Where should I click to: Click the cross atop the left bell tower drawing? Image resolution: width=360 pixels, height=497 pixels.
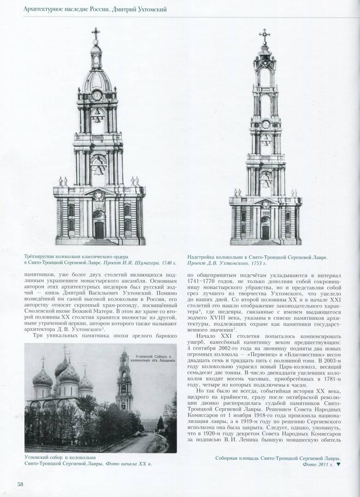(96, 34)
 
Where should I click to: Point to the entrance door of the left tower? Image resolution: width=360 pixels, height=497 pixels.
(99, 229)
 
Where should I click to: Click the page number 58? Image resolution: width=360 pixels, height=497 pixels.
(21, 484)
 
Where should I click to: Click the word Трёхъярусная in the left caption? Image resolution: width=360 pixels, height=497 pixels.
(41, 256)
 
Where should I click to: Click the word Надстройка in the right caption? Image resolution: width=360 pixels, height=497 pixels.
(204, 256)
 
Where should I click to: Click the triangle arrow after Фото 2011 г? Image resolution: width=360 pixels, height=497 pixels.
(339, 464)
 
